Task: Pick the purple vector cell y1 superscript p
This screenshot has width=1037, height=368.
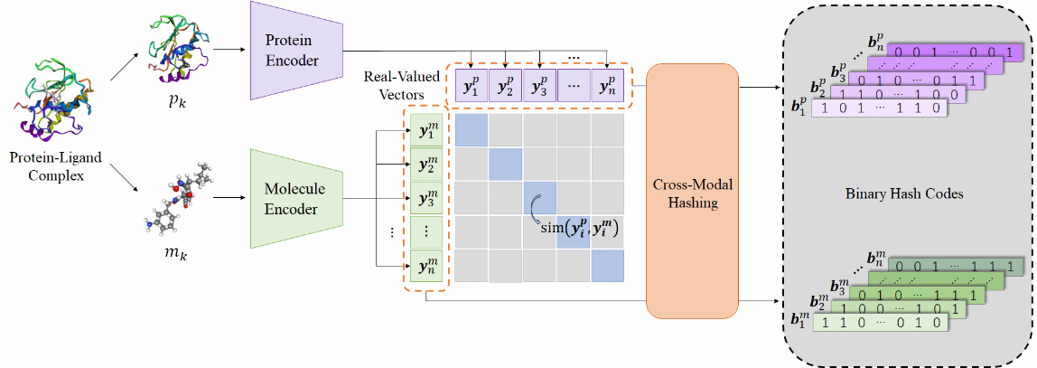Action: point(471,87)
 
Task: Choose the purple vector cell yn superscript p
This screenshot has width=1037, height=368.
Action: point(607,87)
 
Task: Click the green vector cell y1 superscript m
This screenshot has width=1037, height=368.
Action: point(427,132)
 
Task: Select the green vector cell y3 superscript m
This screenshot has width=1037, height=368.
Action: point(427,199)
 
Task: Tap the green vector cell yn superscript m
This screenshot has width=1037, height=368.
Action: point(427,267)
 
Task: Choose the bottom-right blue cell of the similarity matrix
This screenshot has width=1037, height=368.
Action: point(608,266)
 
